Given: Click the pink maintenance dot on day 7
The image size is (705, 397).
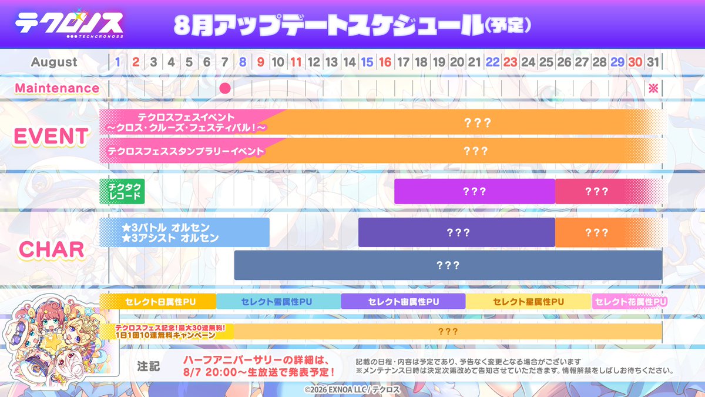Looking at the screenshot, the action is coord(225,89).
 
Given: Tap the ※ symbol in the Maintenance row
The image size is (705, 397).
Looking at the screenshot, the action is coord(653,88).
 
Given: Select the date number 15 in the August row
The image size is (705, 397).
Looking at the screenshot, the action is coord(367,62).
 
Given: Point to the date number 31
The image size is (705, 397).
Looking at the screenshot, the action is coord(653,62).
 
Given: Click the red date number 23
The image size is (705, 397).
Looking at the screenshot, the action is coord(510,62).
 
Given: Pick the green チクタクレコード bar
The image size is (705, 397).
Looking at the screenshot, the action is coord(122,191).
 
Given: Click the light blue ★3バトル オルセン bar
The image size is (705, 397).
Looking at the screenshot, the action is coord(184,232).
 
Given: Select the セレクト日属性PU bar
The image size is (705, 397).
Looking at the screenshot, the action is coord(158,302).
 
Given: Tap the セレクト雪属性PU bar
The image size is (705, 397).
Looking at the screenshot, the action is coord(278,302).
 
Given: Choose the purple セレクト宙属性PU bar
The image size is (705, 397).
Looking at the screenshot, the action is coord(403,302).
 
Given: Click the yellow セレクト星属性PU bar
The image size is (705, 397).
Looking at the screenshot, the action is coord(528,302).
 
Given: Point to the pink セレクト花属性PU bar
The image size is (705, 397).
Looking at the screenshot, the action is coord(630,302).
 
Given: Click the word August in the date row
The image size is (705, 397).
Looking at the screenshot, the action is coord(54,62).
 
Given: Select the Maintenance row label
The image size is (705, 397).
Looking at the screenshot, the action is coord(57,88).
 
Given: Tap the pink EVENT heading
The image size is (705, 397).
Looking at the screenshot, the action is coord(51,136).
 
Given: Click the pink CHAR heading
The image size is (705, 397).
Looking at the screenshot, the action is coord(52,249).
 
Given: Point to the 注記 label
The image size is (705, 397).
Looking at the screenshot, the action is coord(149,366).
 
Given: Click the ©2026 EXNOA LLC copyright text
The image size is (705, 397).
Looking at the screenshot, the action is coord(352,390).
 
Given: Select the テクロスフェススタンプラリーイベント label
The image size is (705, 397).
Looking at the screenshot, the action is coord(186,151).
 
